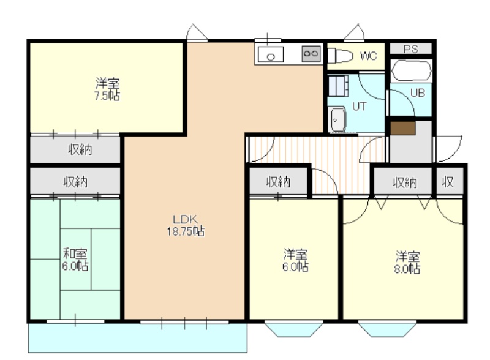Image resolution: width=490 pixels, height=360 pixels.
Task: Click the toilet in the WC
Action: [340, 56]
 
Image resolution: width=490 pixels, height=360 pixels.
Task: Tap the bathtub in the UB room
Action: [412, 70]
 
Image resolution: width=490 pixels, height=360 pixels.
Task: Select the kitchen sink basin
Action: [271, 54]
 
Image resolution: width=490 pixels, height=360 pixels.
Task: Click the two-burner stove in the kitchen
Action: [311, 53]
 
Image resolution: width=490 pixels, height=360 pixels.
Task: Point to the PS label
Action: [410, 49]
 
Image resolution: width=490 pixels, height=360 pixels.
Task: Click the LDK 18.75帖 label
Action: [186, 225]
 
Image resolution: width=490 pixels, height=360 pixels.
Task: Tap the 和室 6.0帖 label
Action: [75, 260]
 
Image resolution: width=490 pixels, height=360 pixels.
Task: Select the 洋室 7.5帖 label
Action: [107, 89]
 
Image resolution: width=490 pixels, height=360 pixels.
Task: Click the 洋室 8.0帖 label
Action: [407, 263]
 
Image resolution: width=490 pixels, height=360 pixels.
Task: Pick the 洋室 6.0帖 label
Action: [295, 260]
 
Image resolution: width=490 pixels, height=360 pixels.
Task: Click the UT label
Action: [359, 107]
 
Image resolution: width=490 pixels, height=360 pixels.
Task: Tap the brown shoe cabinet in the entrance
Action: [403, 129]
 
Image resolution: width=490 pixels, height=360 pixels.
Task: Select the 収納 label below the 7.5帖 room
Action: [80, 149]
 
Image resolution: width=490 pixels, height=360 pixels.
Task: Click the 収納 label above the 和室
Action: [75, 182]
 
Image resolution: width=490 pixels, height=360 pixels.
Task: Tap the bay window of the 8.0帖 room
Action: [388, 329]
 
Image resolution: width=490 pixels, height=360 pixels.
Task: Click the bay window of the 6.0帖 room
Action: [294, 329]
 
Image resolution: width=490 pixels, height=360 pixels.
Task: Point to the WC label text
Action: [369, 56]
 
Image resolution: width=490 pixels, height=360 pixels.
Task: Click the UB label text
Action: [418, 93]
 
